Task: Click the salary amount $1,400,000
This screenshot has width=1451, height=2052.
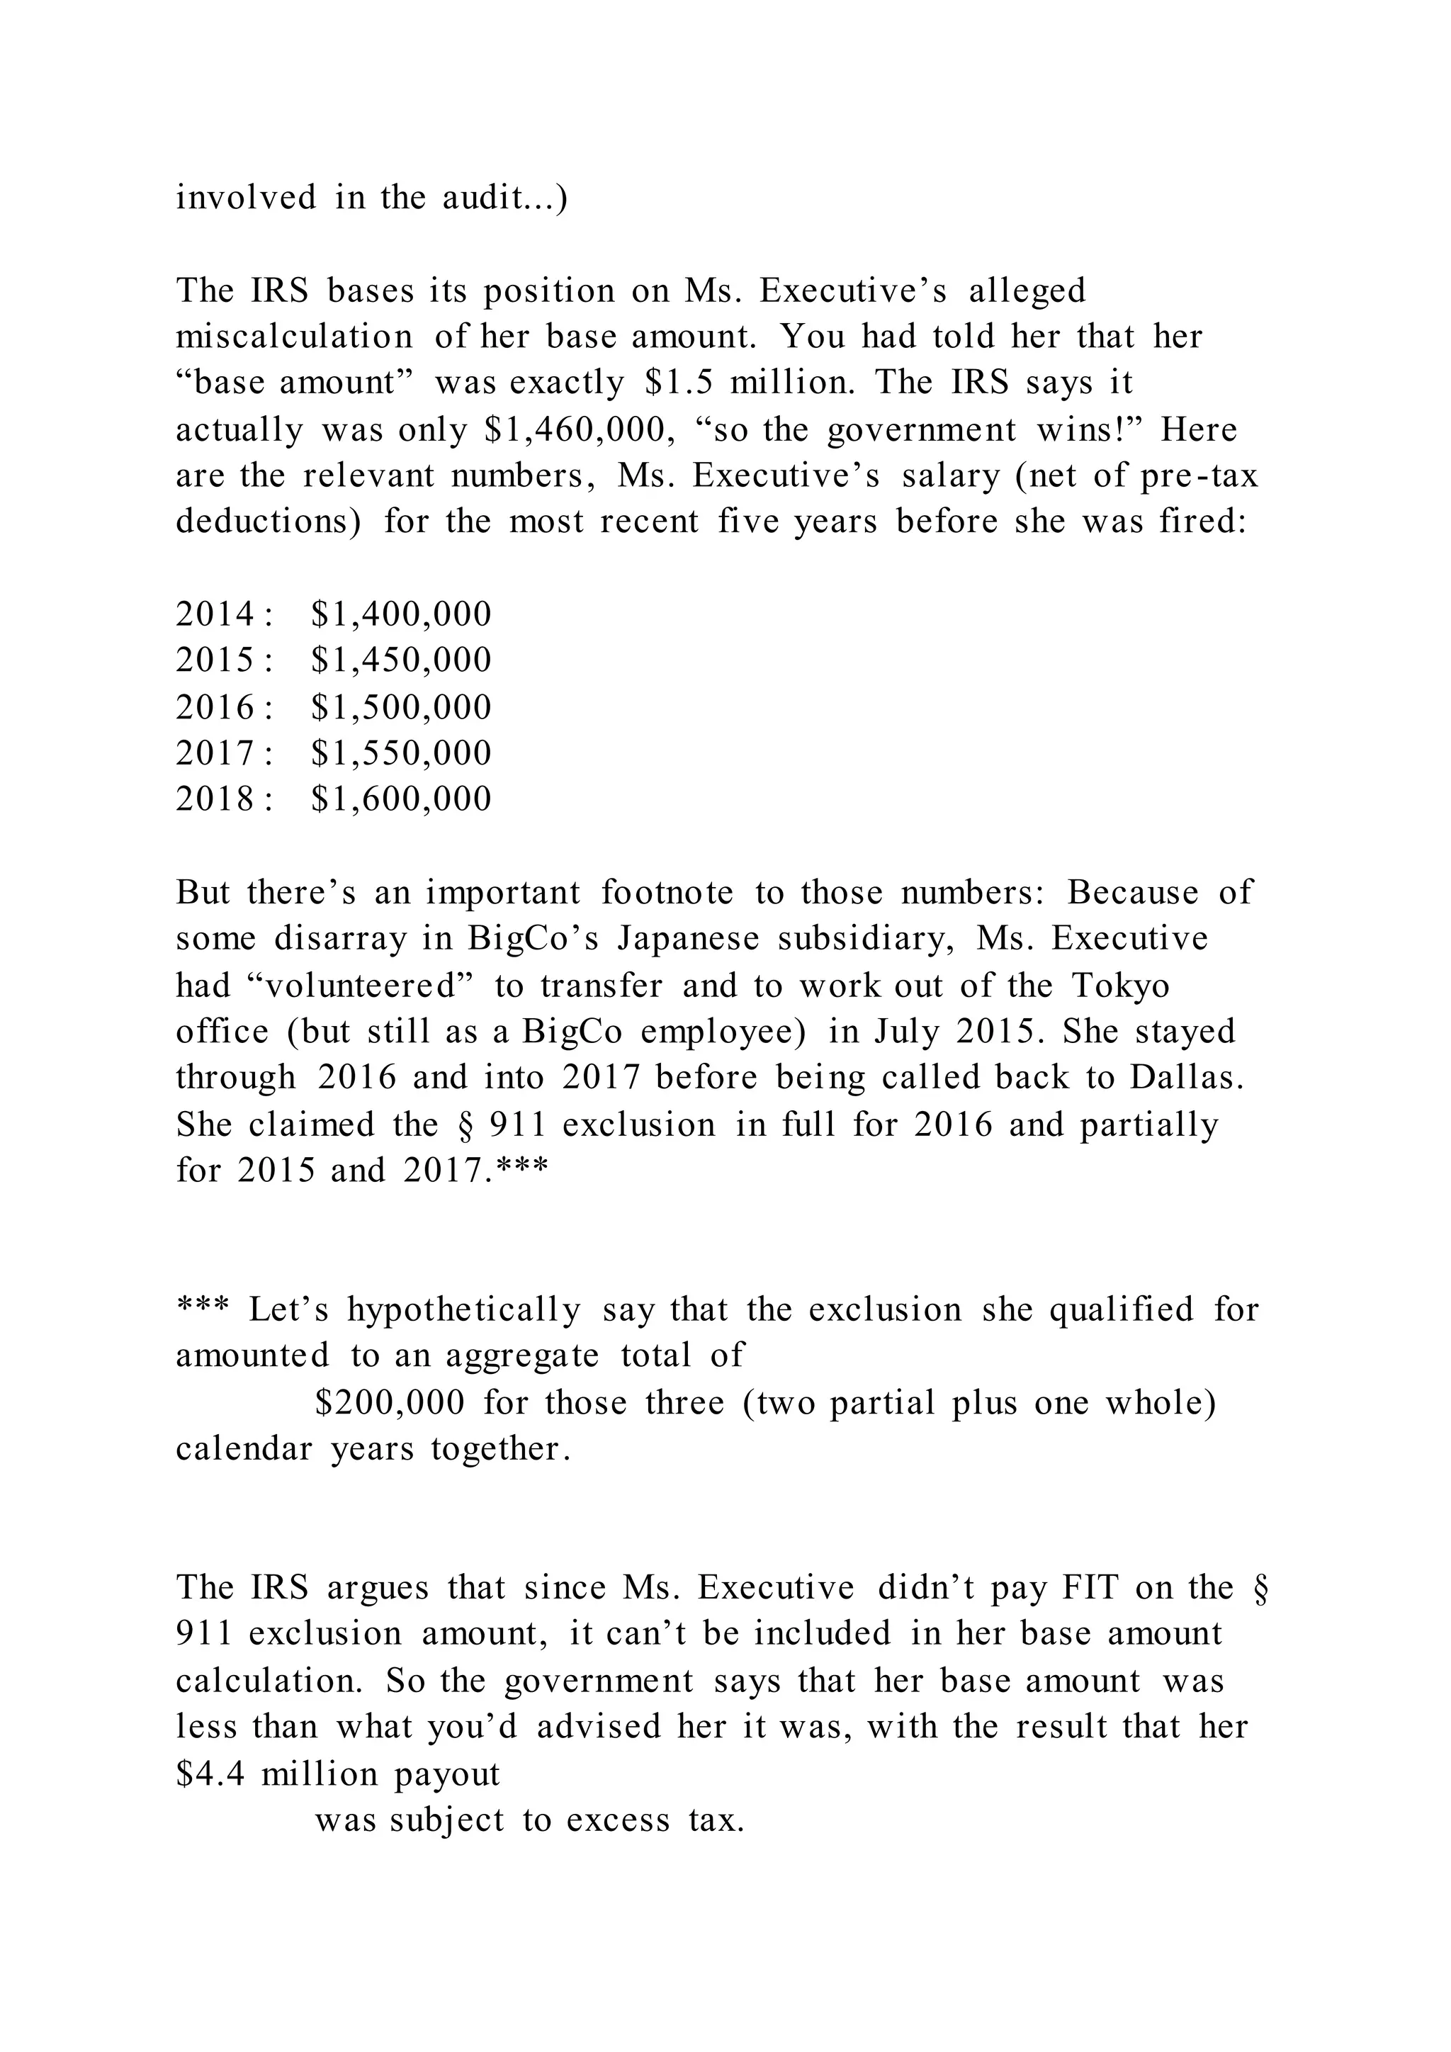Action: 401,614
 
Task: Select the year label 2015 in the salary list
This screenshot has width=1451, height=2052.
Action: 215,660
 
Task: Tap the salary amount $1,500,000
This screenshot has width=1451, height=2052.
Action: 401,707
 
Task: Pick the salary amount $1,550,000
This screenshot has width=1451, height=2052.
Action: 401,752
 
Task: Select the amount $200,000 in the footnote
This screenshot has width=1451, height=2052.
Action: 390,1402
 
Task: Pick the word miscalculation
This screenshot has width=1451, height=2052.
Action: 294,337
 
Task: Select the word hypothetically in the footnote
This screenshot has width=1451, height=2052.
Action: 464,1310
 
